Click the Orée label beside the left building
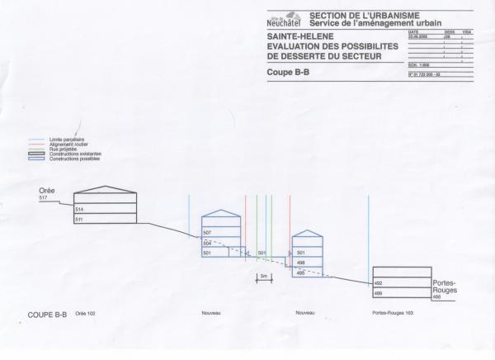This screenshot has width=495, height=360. tap(47, 190)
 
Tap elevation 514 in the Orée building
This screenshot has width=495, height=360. tap(79, 211)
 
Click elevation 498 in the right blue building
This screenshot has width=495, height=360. tap(301, 263)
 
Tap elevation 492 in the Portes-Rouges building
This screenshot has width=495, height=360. tap(379, 283)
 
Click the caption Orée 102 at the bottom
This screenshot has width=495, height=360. tap(86, 314)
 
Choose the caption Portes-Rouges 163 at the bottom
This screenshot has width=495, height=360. tap(392, 314)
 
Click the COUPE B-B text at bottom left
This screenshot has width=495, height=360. tap(47, 315)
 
